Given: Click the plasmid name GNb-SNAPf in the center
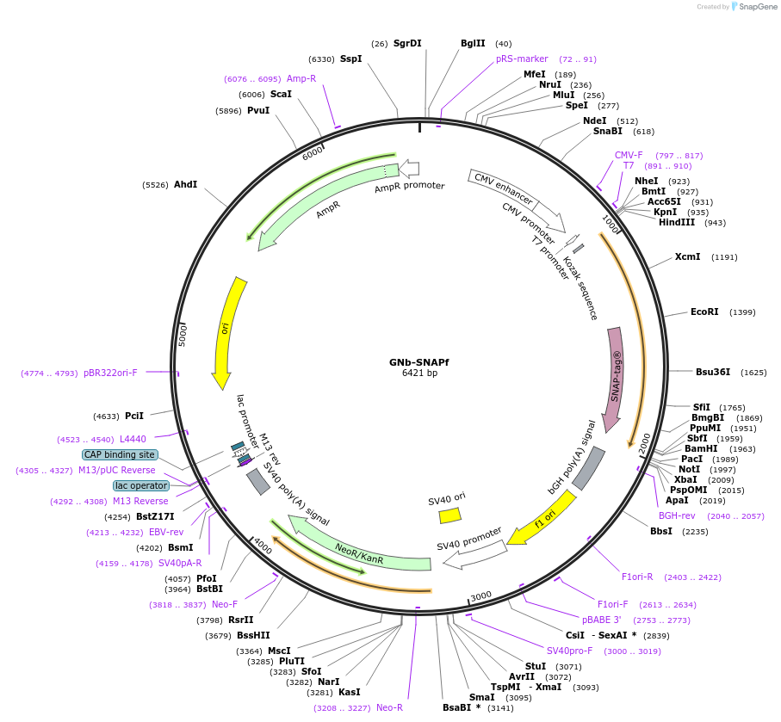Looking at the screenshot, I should click(418, 362).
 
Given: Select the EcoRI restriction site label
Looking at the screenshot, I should click(704, 312).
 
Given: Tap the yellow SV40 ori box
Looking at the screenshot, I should click(449, 515).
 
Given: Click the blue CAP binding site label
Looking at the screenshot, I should click(120, 454).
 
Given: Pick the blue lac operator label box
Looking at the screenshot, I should click(141, 485).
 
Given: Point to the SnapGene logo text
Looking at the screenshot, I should click(754, 7).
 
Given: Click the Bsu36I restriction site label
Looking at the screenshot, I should click(712, 373).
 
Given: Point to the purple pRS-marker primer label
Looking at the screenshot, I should click(522, 59).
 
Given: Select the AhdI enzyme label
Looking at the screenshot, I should click(185, 184).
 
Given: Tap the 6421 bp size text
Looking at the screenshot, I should click(419, 373).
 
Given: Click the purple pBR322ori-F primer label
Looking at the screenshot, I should click(110, 373).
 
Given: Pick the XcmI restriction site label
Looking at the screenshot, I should click(687, 256).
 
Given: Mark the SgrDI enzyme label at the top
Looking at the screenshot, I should click(407, 43).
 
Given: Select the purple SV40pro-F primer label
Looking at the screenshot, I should click(569, 651).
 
